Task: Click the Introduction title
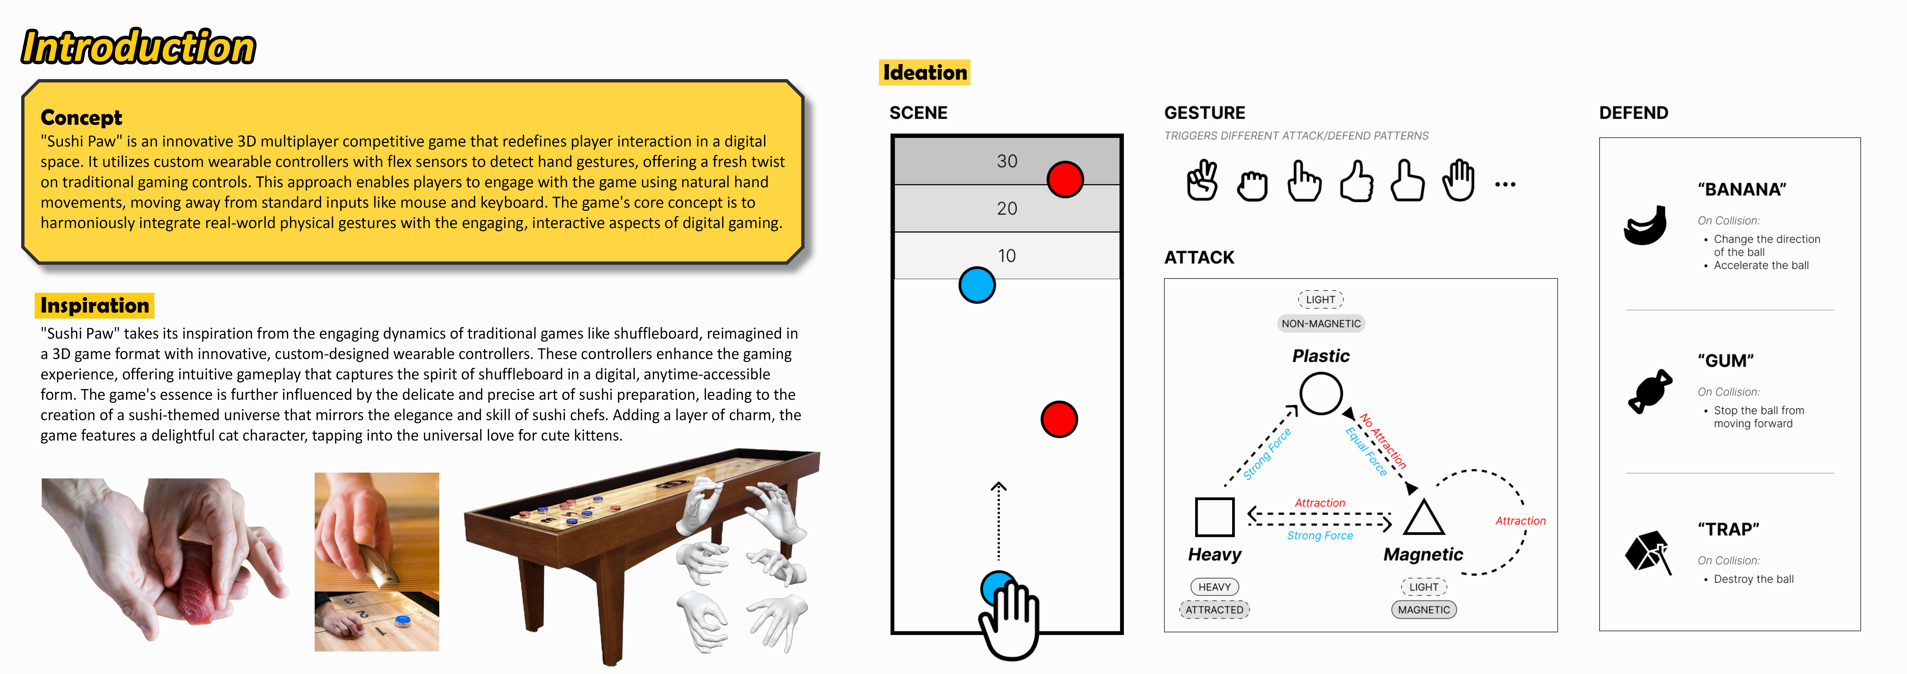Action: [138, 47]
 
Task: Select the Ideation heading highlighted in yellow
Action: [925, 73]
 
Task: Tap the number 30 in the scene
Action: [1007, 161]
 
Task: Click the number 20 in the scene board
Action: [1007, 209]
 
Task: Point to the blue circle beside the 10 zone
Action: [977, 285]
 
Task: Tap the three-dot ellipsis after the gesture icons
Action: [1505, 184]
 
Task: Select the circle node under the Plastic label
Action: [1321, 394]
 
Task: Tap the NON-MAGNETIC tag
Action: [1321, 323]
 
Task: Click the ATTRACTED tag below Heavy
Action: [1214, 610]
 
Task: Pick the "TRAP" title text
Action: [1728, 529]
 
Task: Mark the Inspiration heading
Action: [95, 305]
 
